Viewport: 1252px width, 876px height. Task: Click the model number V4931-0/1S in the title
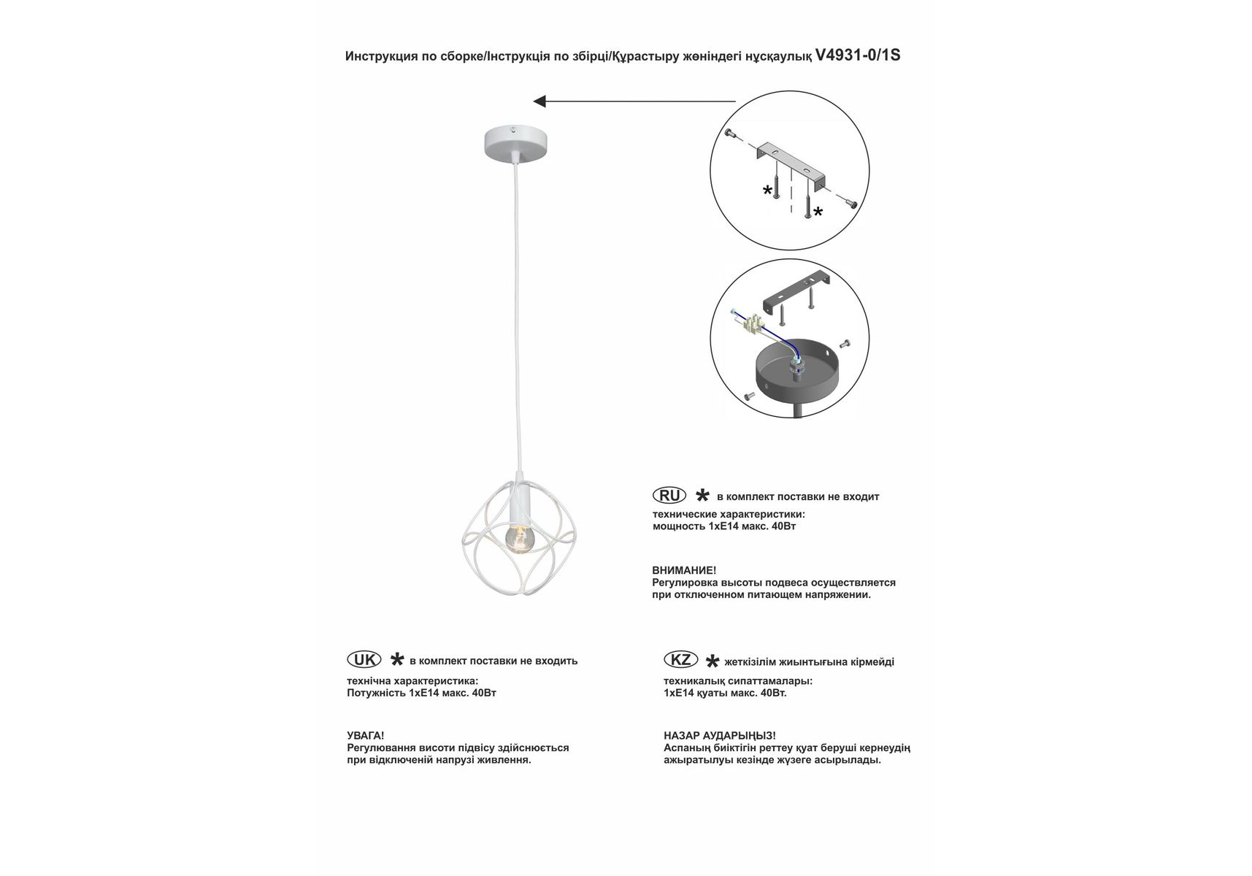[858, 55]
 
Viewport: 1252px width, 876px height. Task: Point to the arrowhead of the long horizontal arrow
[540, 101]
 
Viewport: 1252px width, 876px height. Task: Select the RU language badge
[669, 496]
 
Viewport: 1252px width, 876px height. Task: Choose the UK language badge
[364, 660]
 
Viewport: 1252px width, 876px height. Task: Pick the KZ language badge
[680, 660]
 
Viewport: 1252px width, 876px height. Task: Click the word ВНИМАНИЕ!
[684, 570]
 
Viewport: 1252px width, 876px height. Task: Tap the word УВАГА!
[365, 736]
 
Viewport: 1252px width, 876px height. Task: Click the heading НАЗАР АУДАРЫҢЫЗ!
[719, 736]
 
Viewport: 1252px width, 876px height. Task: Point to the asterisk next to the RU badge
[702, 496]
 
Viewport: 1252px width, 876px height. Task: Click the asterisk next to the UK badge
[396, 660]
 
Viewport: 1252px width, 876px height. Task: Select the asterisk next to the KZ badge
[712, 662]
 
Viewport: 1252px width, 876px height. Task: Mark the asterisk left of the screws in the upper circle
[767, 191]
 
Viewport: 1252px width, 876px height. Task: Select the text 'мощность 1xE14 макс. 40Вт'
[723, 526]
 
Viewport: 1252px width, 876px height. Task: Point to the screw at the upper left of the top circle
[729, 133]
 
